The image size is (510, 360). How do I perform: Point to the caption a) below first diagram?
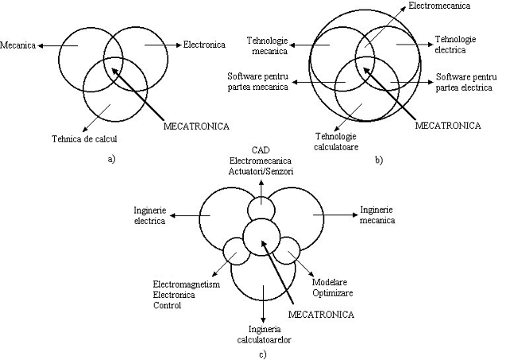click(110, 159)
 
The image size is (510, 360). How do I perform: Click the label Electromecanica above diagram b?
click(439, 6)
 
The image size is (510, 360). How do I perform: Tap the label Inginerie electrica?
click(150, 215)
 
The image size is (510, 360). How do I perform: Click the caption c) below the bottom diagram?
click(262, 354)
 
